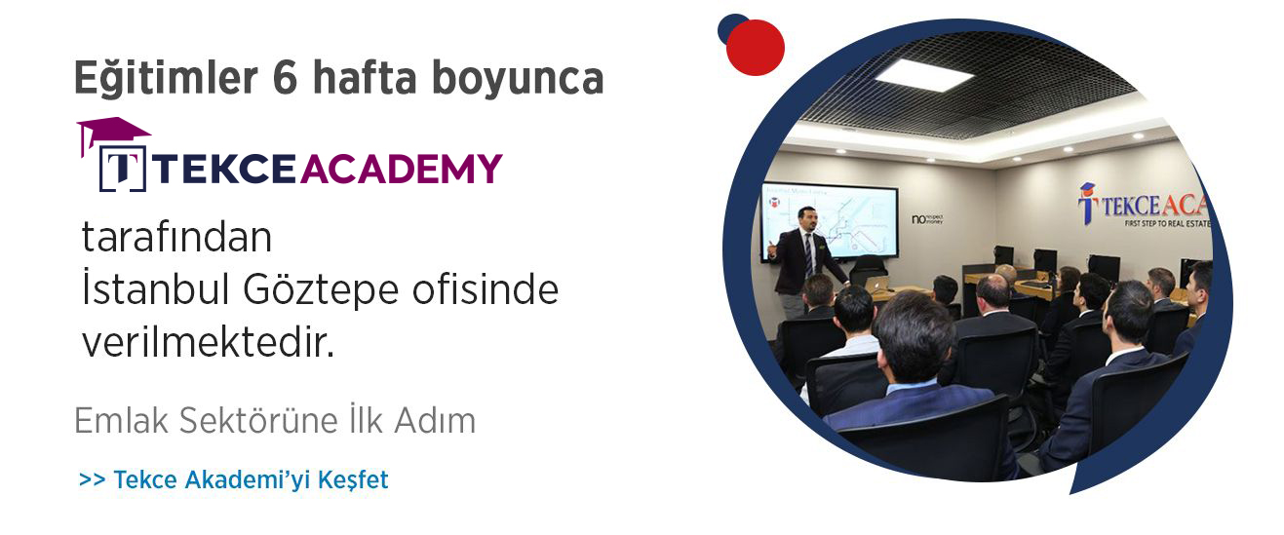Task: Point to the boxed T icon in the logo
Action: coord(122,169)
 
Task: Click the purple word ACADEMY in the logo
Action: coord(401,169)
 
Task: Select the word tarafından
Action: coord(176,239)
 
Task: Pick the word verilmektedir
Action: coord(208,342)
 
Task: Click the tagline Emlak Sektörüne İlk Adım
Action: coord(275,421)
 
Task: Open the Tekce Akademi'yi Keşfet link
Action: coord(234,479)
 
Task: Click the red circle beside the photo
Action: coord(756,47)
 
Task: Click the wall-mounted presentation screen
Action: coord(830,219)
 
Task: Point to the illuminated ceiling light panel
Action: coord(923,76)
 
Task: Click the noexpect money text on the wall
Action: coord(927,218)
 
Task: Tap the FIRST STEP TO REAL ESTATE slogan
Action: coord(1150,223)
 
